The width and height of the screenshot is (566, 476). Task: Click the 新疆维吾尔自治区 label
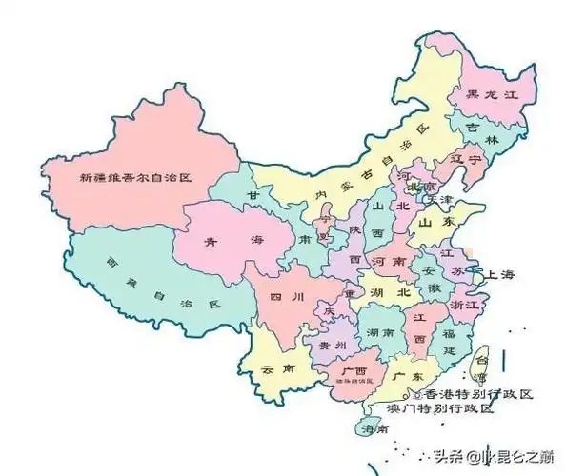click(x=136, y=177)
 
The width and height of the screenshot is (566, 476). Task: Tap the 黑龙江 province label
click(x=489, y=94)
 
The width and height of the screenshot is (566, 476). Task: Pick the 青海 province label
click(x=224, y=243)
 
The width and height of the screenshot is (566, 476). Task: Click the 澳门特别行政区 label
click(x=440, y=408)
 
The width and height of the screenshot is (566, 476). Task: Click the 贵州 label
click(x=332, y=345)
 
